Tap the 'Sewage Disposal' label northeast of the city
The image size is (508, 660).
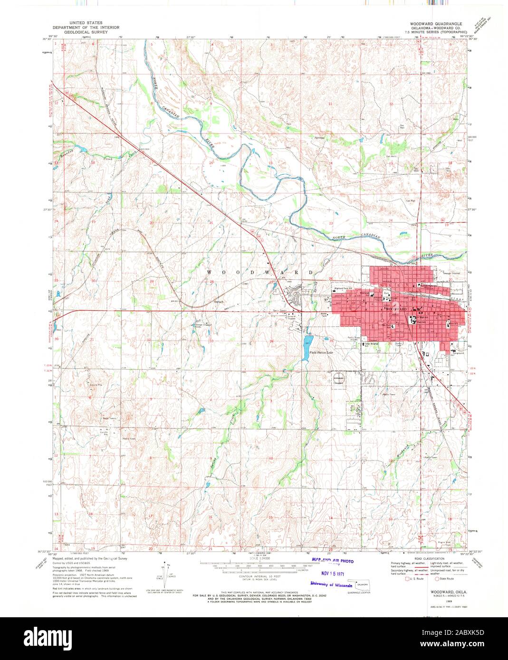coord(451,273)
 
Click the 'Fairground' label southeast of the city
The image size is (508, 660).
coord(457,353)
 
